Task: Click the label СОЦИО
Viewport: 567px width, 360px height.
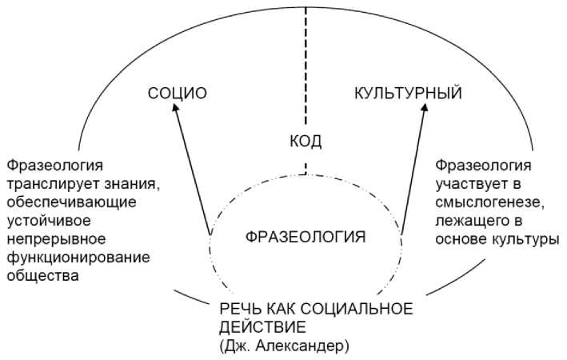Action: pyautogui.click(x=178, y=94)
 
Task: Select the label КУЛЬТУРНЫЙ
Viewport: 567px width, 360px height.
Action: pyautogui.click(x=408, y=93)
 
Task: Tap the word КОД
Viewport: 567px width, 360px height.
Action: pyautogui.click(x=305, y=141)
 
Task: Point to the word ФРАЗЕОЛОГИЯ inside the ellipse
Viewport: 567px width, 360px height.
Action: pyautogui.click(x=305, y=238)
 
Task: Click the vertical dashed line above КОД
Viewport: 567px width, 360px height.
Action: pyautogui.click(x=305, y=67)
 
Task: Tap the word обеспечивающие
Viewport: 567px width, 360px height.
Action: pyautogui.click(x=72, y=202)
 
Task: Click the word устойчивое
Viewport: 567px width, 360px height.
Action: pyautogui.click(x=49, y=220)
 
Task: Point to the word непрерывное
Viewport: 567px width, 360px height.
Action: pyautogui.click(x=57, y=238)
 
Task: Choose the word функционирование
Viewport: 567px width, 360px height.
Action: pyautogui.click(x=78, y=258)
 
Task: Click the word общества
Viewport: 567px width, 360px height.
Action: pyautogui.click(x=43, y=276)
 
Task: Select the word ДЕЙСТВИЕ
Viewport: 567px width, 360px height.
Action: pyautogui.click(x=263, y=327)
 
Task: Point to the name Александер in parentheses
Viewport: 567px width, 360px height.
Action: pyautogui.click(x=302, y=346)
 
